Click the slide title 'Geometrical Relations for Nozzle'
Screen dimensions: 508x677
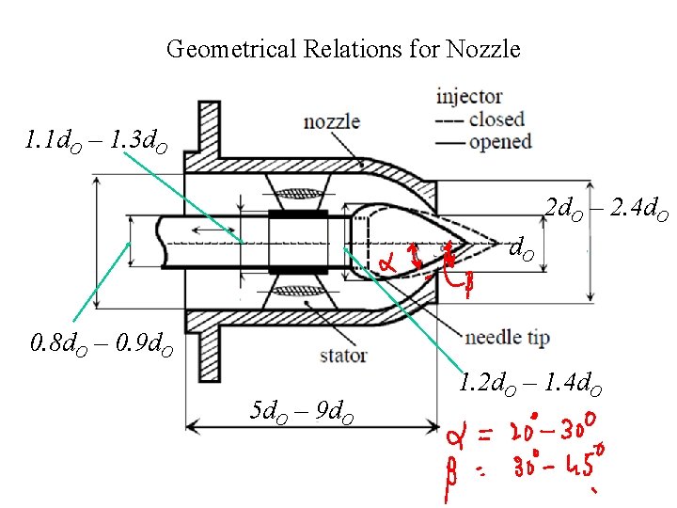tap(343, 49)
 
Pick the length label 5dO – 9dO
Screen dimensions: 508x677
tap(302, 411)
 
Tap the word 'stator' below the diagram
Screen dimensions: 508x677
tap(343, 356)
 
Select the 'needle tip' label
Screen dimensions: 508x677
tap(507, 337)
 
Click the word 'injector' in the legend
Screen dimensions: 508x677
tap(469, 96)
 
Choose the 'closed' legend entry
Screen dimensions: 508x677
tap(496, 119)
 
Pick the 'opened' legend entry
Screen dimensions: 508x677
tap(499, 142)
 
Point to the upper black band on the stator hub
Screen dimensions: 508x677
tap(298, 214)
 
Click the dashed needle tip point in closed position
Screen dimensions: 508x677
tap(496, 243)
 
